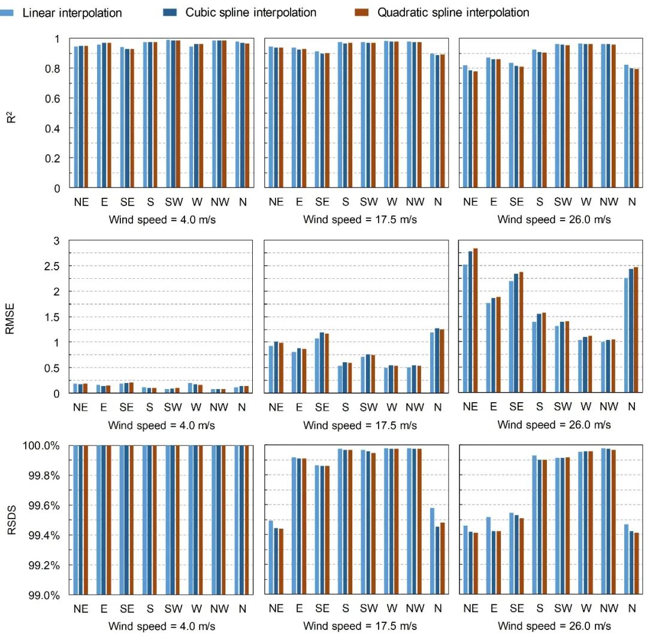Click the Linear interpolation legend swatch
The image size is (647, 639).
pos(8,12)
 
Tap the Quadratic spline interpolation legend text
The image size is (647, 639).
pos(453,12)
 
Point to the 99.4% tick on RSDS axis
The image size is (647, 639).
pos(41,535)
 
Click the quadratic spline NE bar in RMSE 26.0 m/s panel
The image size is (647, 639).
pos(476,321)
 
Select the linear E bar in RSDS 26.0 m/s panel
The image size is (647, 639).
pos(489,556)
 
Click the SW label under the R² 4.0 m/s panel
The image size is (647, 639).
pos(174,202)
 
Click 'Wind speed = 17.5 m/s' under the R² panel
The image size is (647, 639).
pos(359,219)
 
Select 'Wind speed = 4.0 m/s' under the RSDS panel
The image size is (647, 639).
pos(162,626)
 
